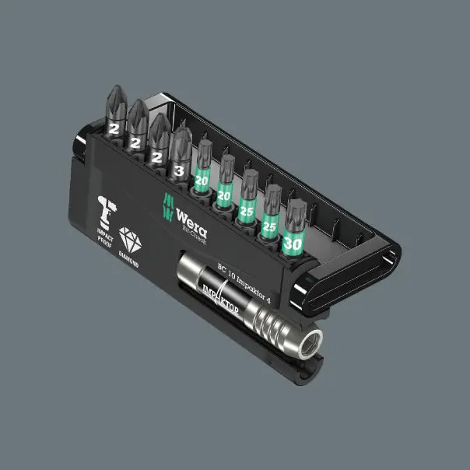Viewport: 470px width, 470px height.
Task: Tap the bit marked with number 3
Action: click(x=181, y=159)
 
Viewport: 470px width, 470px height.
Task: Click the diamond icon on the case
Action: click(x=129, y=242)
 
